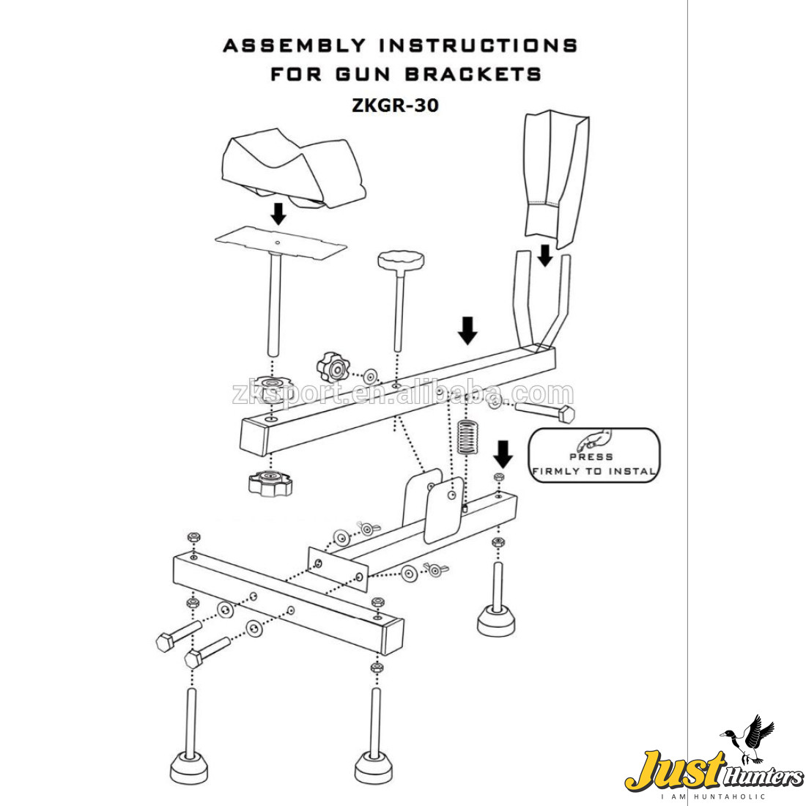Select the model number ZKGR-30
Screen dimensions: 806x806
[x=395, y=106]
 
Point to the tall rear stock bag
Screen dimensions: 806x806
[x=557, y=176]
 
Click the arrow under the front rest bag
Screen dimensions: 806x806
[x=278, y=214]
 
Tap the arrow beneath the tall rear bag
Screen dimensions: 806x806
[x=544, y=256]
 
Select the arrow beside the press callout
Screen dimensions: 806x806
[x=503, y=454]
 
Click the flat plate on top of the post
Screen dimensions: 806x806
[x=281, y=243]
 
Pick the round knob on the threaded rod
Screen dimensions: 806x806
[x=401, y=259]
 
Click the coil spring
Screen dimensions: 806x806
[x=467, y=437]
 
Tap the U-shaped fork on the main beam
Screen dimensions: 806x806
[x=542, y=300]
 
